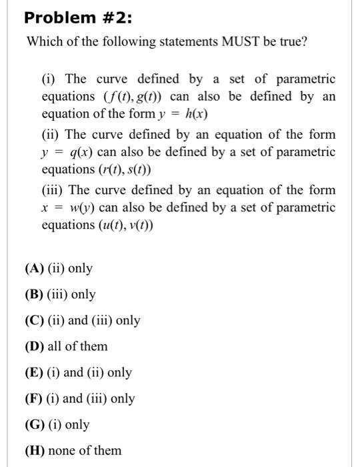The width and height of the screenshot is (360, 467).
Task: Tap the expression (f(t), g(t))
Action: coord(131,96)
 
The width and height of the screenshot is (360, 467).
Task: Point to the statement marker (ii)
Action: coord(51,135)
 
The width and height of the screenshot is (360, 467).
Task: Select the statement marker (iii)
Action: coord(53,191)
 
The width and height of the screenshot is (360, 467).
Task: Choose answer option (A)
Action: coord(34,269)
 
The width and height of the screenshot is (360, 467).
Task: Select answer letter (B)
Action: coord(33,295)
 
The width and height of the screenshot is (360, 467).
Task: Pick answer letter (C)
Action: coord(34,321)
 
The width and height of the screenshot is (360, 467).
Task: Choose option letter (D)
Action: coord(34,347)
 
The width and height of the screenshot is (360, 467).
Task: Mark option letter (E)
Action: coord(33,373)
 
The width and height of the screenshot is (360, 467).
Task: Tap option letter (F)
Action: coord(33,399)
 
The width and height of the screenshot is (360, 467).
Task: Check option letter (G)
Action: coord(34,425)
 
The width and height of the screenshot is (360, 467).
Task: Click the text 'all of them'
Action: coord(79,347)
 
